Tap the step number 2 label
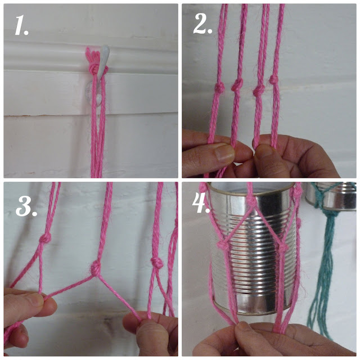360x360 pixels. pos(202,24)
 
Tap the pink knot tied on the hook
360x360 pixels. pos(94,69)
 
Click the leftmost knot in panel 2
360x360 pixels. pos(219,88)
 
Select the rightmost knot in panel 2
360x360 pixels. pos(274,80)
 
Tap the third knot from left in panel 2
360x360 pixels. pos(259,91)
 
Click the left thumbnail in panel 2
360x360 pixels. pos(223,153)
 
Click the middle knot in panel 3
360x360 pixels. pos(95,268)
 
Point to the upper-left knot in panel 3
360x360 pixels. pos(45,238)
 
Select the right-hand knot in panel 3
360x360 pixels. pos(156,263)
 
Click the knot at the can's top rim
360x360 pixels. pos(250,202)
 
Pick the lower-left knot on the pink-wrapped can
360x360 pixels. pos(223,246)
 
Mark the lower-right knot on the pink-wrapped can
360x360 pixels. pos(283,248)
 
